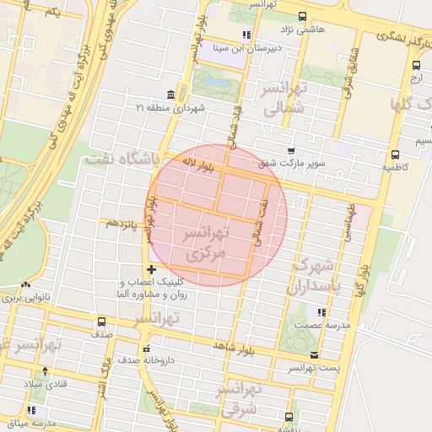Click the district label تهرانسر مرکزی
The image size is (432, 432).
pyautogui.click(x=207, y=242)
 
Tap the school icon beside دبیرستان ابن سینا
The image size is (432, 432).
pyautogui.click(x=246, y=35)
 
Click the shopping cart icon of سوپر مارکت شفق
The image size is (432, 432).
pyautogui.click(x=291, y=150)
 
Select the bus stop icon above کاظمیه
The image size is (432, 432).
pyautogui.click(x=395, y=154)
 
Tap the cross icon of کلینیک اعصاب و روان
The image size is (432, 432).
pyautogui.click(x=151, y=269)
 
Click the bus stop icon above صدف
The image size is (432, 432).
pyautogui.click(x=102, y=321)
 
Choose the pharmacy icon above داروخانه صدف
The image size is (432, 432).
pyautogui.click(x=146, y=348)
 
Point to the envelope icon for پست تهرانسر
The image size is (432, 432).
pyautogui.click(x=315, y=355)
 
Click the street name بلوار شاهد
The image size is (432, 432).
pyautogui.click(x=234, y=345)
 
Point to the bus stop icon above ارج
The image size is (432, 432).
pyautogui.click(x=416, y=65)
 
